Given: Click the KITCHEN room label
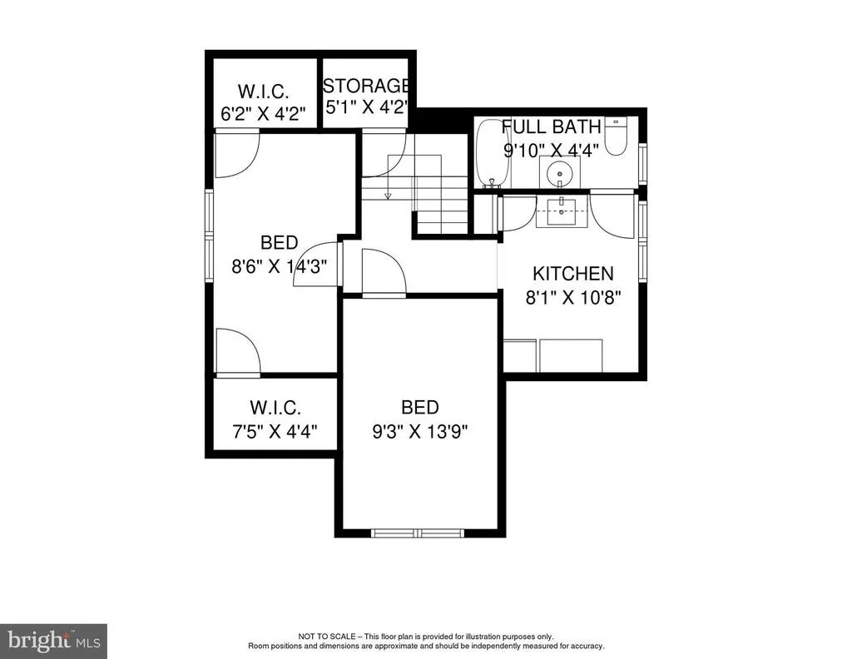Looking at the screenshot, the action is tap(572, 273).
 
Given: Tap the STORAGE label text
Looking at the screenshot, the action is tap(366, 86).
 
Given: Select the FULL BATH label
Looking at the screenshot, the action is tap(551, 126).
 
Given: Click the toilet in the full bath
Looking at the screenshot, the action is tap(617, 136).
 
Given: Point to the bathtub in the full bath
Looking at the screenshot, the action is tap(493, 153).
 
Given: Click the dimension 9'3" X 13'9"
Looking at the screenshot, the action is tap(420, 431).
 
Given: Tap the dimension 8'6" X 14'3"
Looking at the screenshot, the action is tap(280, 267).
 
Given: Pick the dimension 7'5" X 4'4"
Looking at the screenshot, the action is tap(275, 432).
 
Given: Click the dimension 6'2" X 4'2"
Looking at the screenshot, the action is tap(263, 114).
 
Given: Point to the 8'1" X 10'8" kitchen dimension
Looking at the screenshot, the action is tap(572, 298).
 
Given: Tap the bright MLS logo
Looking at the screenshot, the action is tap(53, 641).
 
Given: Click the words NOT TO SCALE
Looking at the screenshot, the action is tap(326, 637).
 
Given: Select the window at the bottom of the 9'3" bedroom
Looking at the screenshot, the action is tap(419, 533).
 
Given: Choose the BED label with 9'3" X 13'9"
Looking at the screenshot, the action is tap(420, 407).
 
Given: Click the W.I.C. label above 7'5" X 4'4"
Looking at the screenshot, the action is tap(275, 408).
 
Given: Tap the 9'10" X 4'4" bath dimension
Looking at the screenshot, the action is tap(551, 150).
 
